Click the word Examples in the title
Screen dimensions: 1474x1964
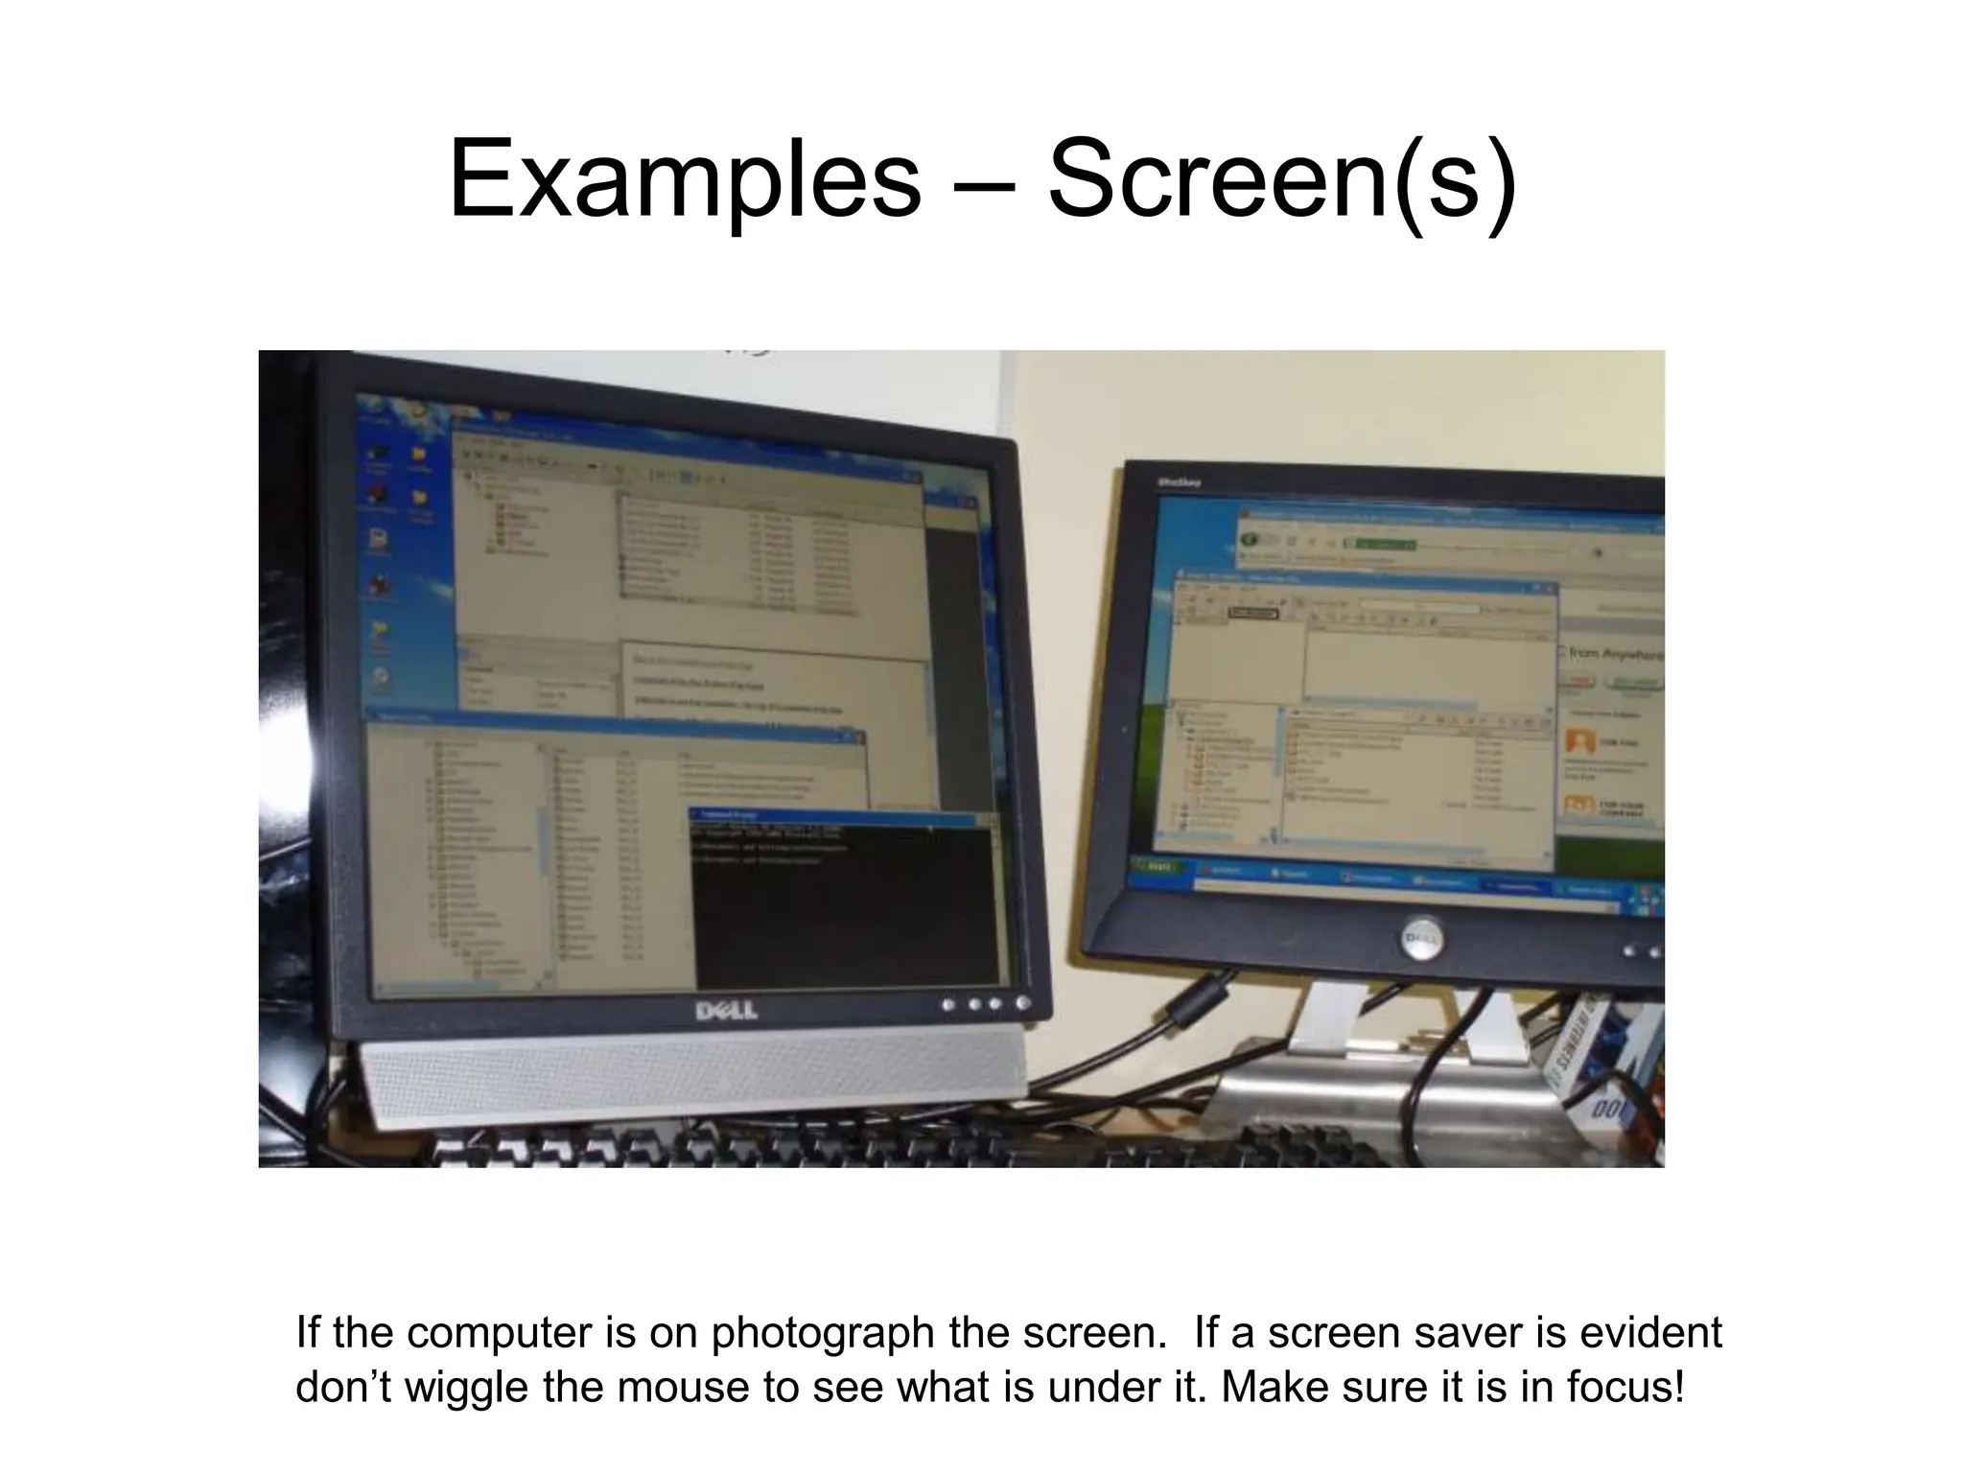tap(684, 180)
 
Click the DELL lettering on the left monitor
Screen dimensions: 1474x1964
tap(726, 1011)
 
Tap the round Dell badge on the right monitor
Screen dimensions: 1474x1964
tap(1423, 936)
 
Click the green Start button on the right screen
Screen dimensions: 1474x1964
tap(1157, 866)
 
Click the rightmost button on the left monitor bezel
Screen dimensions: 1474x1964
tap(1022, 1003)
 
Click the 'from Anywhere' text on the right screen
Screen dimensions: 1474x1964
tap(1613, 655)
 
